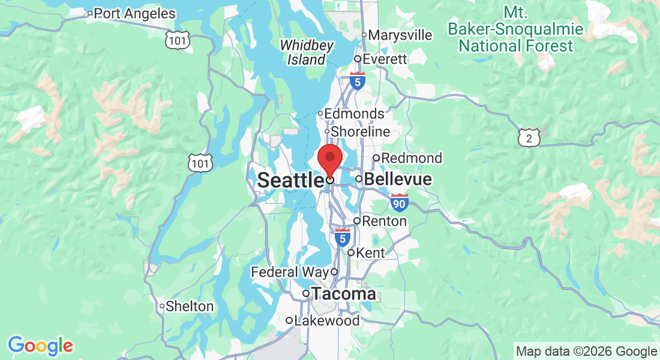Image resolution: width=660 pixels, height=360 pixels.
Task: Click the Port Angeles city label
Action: tap(135, 13)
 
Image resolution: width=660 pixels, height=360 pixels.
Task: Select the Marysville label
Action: tap(400, 35)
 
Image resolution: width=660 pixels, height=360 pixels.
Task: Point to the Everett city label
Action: tap(385, 59)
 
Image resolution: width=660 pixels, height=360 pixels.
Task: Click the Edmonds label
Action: tap(355, 113)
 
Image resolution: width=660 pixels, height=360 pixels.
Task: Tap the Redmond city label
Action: tap(412, 158)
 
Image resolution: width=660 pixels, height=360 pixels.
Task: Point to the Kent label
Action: tap(370, 253)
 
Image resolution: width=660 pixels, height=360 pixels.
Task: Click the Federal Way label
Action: tap(290, 272)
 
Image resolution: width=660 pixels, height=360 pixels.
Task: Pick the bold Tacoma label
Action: tap(343, 294)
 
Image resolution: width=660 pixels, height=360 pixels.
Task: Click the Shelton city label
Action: tap(190, 306)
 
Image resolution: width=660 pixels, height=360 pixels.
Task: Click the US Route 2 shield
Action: tap(529, 139)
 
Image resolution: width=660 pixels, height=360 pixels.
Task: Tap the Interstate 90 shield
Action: tap(399, 203)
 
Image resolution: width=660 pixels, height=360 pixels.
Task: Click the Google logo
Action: tap(40, 346)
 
